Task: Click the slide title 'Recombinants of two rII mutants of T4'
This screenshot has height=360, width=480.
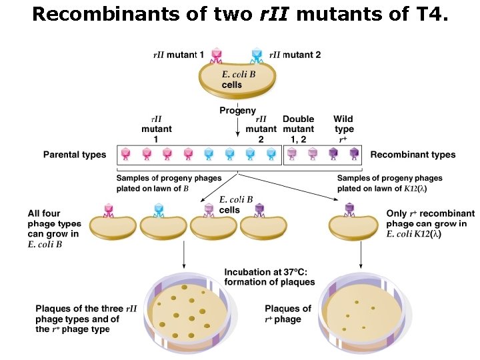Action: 240,14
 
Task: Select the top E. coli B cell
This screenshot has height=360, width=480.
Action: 237,81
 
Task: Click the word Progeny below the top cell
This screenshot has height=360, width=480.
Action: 237,110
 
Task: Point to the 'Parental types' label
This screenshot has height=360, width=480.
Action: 75,155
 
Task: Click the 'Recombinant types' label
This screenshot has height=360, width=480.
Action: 413,155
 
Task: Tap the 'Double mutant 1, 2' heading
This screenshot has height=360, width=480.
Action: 298,129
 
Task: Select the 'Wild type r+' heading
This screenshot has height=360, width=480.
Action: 343,129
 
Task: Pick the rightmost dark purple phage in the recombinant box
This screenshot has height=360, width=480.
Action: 355,155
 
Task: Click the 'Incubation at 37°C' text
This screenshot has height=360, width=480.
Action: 269,277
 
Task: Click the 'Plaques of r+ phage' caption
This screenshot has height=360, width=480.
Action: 287,313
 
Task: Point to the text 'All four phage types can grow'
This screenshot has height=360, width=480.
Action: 53,229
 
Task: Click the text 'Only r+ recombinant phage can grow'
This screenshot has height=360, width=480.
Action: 431,224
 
